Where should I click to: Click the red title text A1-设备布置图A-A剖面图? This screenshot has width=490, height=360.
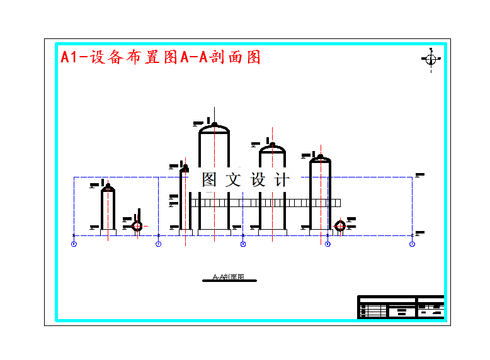click(x=161, y=57)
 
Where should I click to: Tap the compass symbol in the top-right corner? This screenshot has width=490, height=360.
click(x=431, y=60)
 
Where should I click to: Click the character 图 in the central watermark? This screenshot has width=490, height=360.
click(x=210, y=180)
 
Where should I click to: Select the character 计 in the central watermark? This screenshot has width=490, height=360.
click(x=282, y=180)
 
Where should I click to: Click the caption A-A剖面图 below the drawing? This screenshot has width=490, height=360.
click(x=228, y=277)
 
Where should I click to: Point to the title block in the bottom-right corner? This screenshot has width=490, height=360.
click(x=401, y=307)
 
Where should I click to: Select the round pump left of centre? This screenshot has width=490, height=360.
click(x=137, y=225)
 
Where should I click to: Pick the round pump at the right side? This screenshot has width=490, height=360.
click(x=340, y=226)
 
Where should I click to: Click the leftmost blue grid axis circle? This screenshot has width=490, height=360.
click(x=74, y=244)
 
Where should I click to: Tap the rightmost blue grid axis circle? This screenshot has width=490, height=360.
click(x=413, y=244)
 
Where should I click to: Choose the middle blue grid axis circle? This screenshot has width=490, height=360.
click(x=243, y=244)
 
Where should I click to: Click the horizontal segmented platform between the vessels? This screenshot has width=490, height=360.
click(x=265, y=203)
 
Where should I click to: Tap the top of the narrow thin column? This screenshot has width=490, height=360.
click(x=185, y=168)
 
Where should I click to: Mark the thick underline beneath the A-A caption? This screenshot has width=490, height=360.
click(x=228, y=281)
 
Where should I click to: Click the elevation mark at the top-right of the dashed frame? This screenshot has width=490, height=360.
click(x=419, y=174)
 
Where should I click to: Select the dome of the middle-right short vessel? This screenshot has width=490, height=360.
click(x=272, y=149)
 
